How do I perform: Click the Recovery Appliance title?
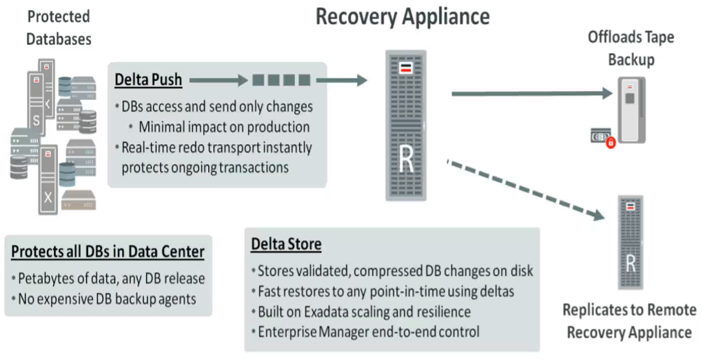403,17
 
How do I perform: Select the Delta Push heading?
148,80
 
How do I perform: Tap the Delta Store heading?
286,244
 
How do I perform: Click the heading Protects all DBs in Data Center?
108,252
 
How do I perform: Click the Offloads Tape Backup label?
630,48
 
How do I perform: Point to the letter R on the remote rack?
629,263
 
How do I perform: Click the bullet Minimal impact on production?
223,127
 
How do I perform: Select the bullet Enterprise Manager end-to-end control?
368,331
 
